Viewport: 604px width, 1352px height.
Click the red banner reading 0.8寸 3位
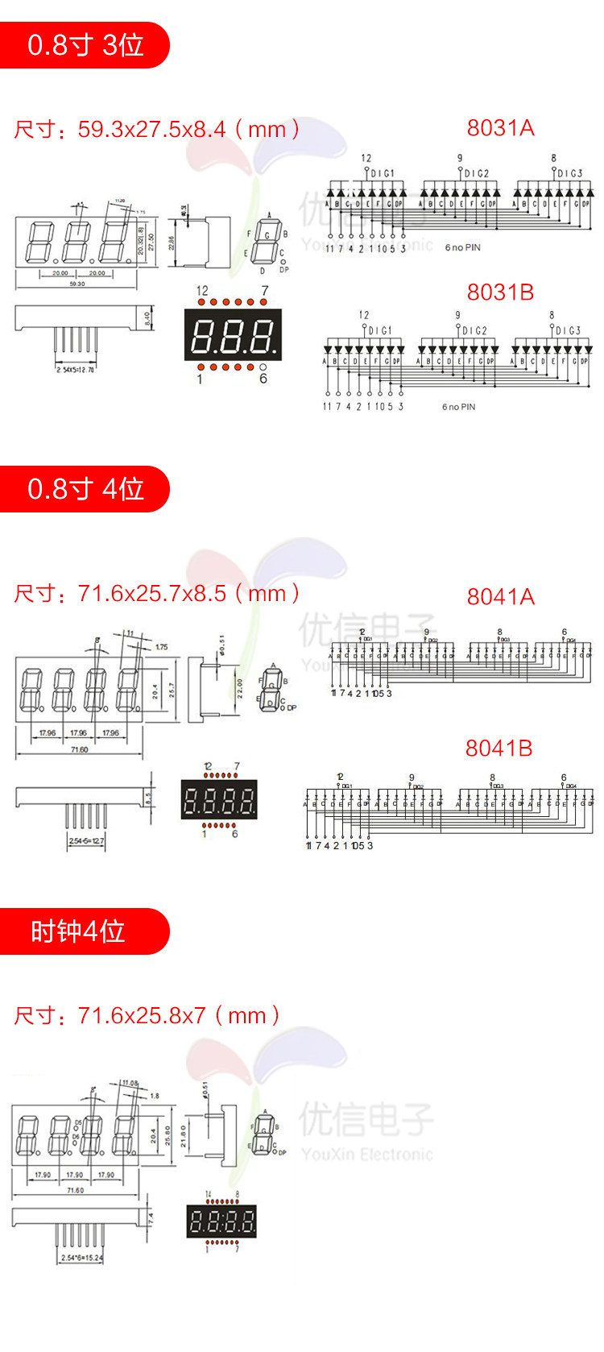click(x=85, y=45)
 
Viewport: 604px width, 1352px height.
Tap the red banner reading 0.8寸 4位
click(x=85, y=489)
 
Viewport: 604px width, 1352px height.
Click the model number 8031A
click(x=500, y=128)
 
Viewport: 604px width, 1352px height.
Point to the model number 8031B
click(x=500, y=292)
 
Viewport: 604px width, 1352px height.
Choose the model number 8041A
click(x=500, y=596)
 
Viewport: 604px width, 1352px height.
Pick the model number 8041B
click(x=499, y=749)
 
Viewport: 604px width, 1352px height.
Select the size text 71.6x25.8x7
click(x=142, y=1015)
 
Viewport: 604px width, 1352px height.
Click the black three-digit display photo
click(x=233, y=335)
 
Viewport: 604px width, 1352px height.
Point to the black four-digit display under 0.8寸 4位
click(x=219, y=800)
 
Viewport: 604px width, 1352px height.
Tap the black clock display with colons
click(x=221, y=1222)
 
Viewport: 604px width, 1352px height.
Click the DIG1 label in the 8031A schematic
click(x=383, y=173)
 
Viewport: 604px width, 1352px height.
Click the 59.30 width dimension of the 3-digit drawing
click(x=77, y=284)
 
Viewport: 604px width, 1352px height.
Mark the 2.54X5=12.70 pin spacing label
click(x=75, y=370)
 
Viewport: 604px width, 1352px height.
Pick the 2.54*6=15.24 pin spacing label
click(x=81, y=1257)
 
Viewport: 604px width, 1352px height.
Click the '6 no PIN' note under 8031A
click(x=462, y=247)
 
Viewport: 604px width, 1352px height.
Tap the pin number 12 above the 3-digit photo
click(x=202, y=291)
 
